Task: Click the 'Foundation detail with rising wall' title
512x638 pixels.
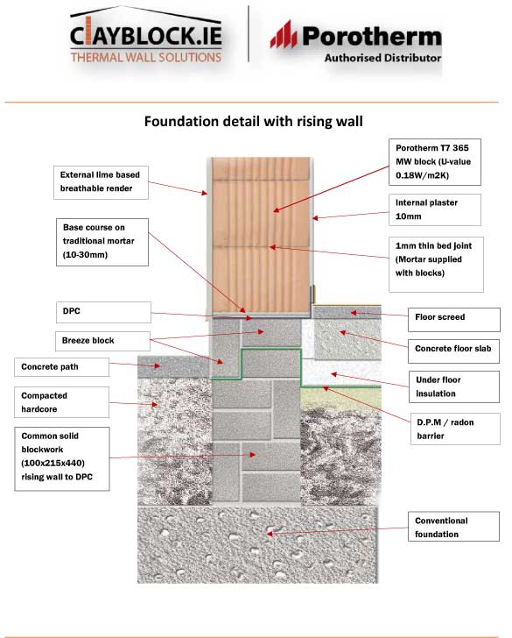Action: [x=254, y=121]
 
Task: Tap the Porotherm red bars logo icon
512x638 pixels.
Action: [x=284, y=34]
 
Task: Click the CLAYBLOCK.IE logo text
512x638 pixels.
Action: [x=146, y=36]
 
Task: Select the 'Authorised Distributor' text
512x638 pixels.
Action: [x=382, y=58]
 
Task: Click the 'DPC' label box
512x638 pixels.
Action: [x=103, y=312]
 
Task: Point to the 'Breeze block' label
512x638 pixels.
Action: [x=102, y=341]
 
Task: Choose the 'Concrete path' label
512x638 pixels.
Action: [x=62, y=367]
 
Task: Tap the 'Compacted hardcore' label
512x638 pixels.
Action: [x=62, y=402]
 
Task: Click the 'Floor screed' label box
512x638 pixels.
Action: [x=454, y=319]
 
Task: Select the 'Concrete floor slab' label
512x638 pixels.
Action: [x=453, y=351]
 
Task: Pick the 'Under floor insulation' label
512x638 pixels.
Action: [x=454, y=386]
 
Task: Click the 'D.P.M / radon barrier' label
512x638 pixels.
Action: [x=455, y=429]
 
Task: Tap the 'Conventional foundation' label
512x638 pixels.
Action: [x=453, y=527]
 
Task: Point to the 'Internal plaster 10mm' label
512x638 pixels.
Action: [x=435, y=209]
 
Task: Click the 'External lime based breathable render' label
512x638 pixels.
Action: [x=101, y=182]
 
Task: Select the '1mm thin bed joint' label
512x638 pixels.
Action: [x=436, y=265]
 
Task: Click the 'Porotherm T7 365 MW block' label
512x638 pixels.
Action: [x=435, y=162]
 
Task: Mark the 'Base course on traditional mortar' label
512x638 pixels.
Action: [x=102, y=242]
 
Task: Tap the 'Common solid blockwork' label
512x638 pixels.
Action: [x=62, y=458]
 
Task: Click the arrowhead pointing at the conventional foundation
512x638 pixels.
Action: [x=270, y=534]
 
